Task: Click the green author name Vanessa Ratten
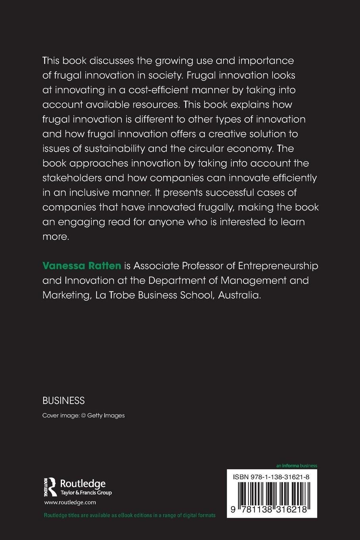pos(81,266)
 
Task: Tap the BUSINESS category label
pos(64,401)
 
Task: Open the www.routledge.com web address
pos(70,502)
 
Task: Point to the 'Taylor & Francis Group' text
pos(86,493)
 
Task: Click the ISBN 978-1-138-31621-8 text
pos(271,476)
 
